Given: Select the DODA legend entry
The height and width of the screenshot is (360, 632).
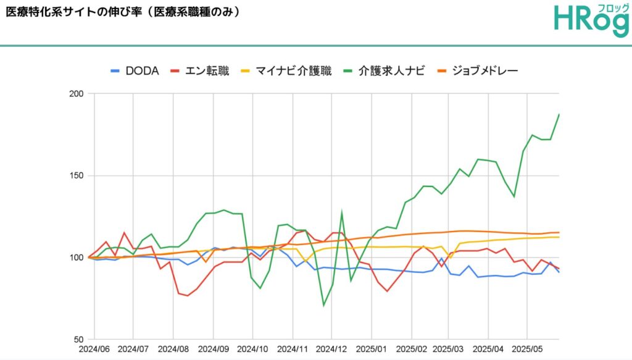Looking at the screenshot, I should point(135,70).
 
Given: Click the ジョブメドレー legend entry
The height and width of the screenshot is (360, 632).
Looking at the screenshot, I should point(477,70).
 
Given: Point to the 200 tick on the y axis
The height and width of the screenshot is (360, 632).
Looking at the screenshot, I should point(77,94).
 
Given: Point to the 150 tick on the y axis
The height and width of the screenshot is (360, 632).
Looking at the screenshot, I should point(77,176).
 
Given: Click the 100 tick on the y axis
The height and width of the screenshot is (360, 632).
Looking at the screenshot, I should point(77,257).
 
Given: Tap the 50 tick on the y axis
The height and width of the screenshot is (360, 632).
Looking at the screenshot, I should point(79,340).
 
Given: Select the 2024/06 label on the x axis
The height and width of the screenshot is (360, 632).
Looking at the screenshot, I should point(95,350).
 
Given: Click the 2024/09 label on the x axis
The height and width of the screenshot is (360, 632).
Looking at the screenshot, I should point(214,350).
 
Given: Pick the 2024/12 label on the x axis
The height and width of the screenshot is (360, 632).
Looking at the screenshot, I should point(333,350).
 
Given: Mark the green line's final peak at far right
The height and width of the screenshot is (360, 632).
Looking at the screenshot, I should point(559,114).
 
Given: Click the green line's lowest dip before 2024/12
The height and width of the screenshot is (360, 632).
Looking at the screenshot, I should point(323,305).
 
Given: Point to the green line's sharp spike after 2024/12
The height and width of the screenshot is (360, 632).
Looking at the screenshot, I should point(342,212).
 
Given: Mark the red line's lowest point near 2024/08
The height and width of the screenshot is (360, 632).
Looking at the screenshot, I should point(188,296).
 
